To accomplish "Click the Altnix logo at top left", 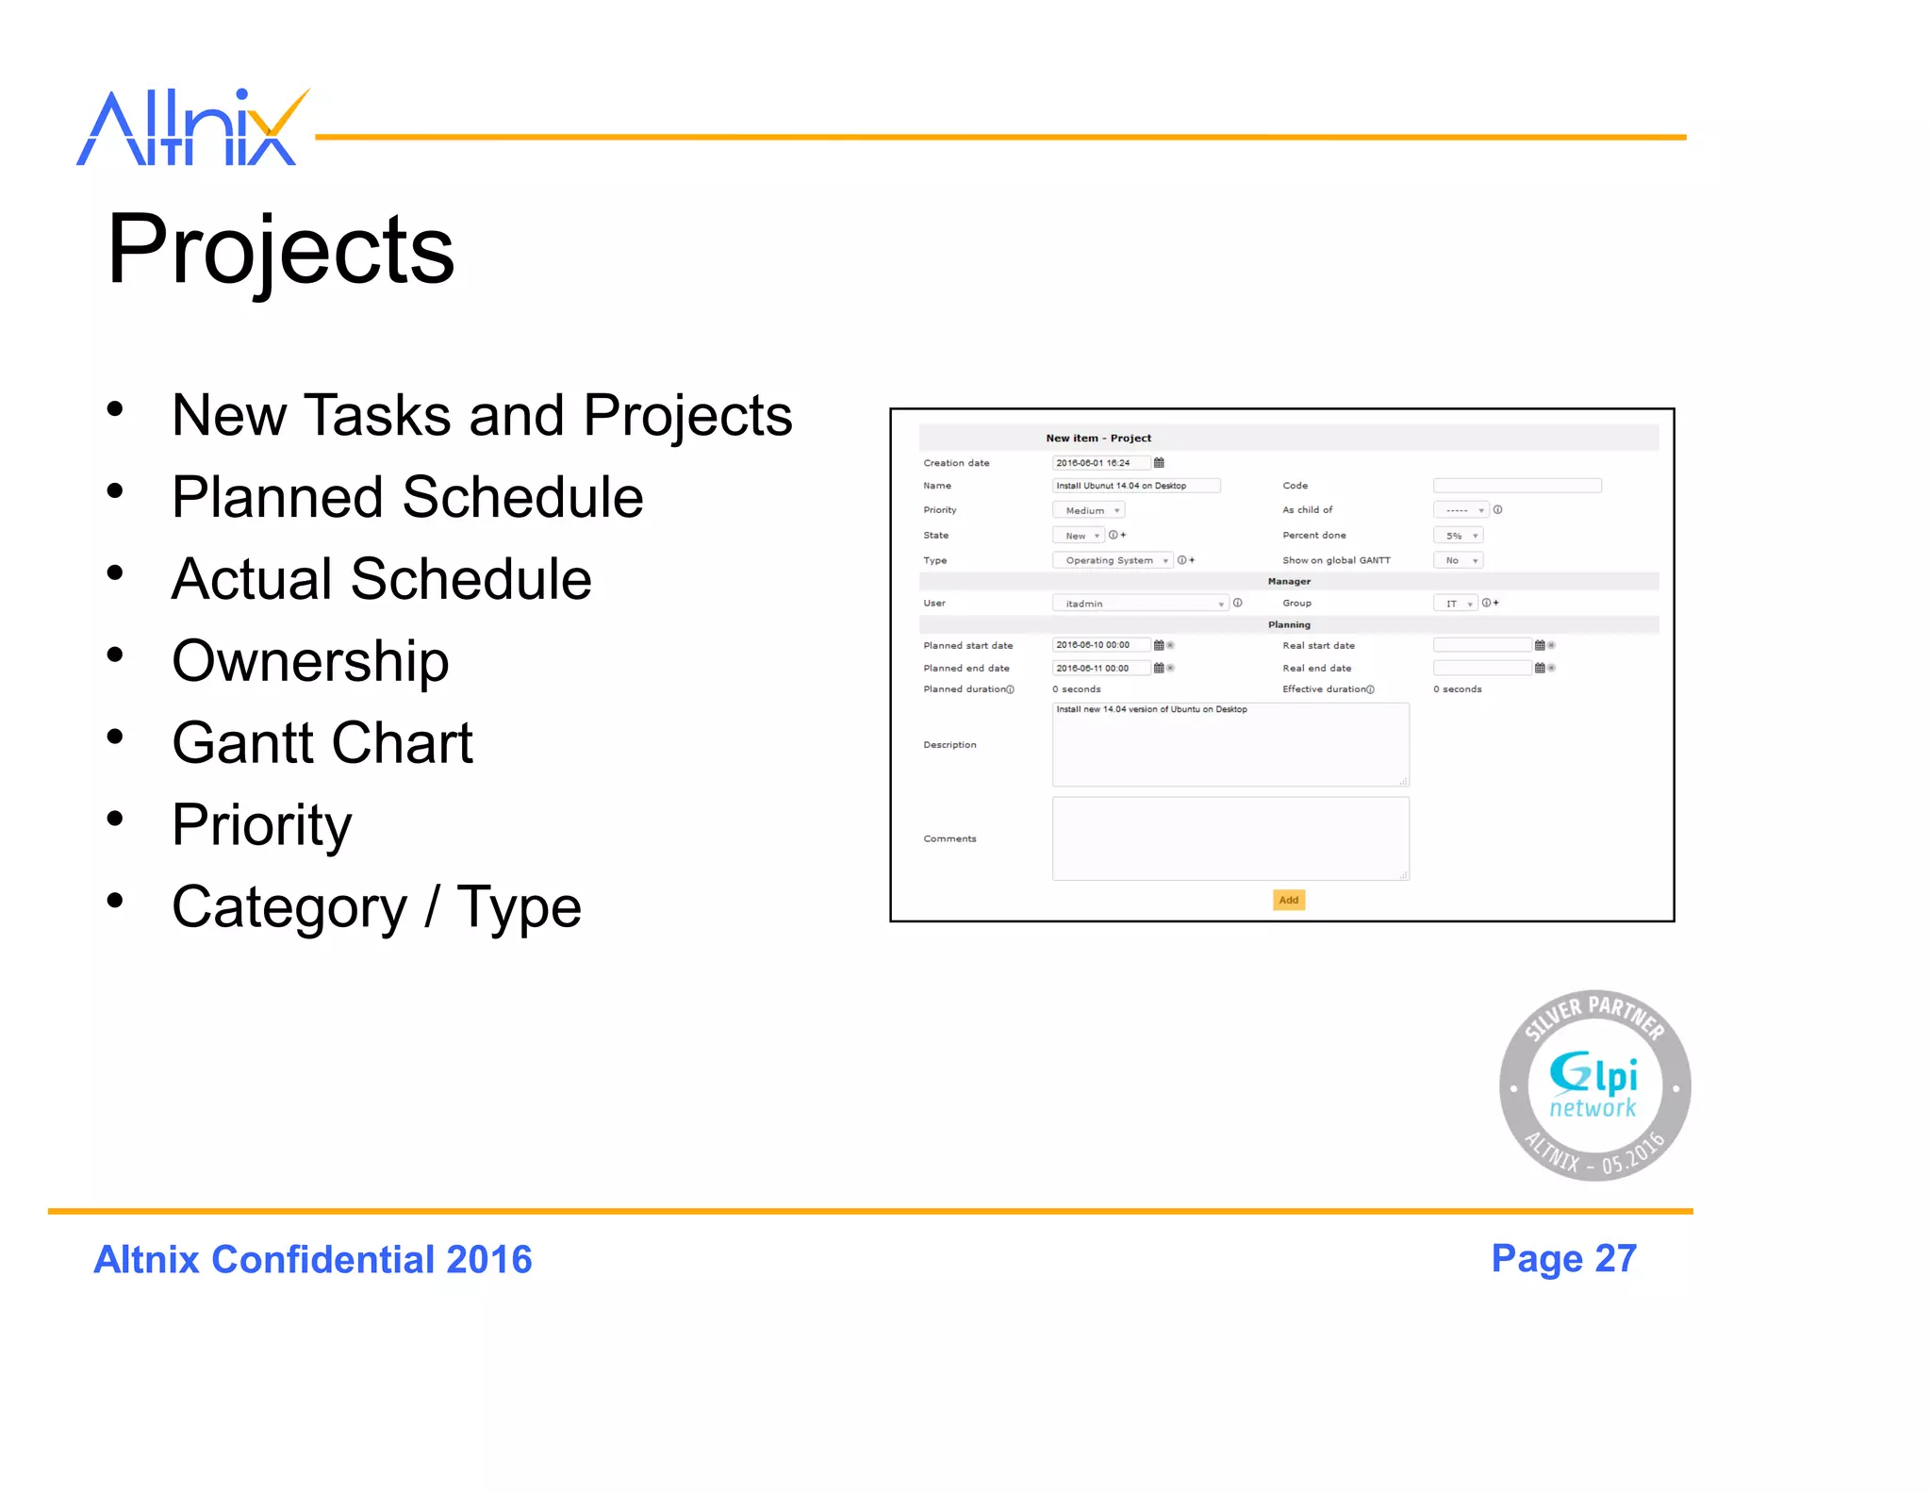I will point(192,129).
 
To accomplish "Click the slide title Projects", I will point(281,249).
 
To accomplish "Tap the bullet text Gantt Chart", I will point(322,742).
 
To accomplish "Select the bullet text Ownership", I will point(310,660).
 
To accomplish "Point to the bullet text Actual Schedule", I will point(381,578).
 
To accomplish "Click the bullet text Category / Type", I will point(376,906).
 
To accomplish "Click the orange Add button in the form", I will point(1288,900).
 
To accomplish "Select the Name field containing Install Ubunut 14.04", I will point(1135,486).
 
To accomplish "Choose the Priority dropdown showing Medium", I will point(1089,510).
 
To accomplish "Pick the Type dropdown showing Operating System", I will point(1113,560).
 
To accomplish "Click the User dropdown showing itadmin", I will point(1140,604).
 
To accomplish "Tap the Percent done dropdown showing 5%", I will point(1458,536).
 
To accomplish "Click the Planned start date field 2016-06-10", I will point(1100,645).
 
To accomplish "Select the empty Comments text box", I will point(1230,838).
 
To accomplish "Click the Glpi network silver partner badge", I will point(1594,1086).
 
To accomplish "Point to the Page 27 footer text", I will point(1563,1259).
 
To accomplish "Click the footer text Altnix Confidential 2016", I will point(313,1260).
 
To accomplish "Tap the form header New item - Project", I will point(1098,439).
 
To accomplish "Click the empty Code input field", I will point(1516,486).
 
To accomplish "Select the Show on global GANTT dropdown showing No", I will point(1458,560).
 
